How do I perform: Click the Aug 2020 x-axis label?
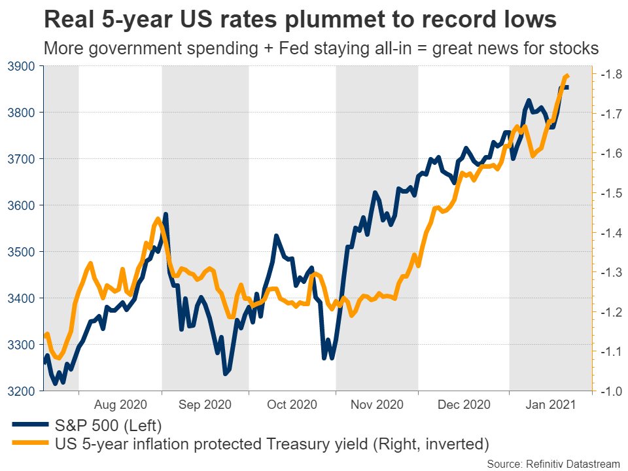[120, 405]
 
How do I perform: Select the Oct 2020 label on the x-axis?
[292, 405]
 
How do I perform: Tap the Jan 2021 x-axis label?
[550, 405]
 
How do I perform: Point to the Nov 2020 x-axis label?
[377, 405]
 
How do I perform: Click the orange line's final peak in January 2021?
[567, 76]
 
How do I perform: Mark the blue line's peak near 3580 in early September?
[166, 215]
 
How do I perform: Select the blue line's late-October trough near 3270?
[324, 358]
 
